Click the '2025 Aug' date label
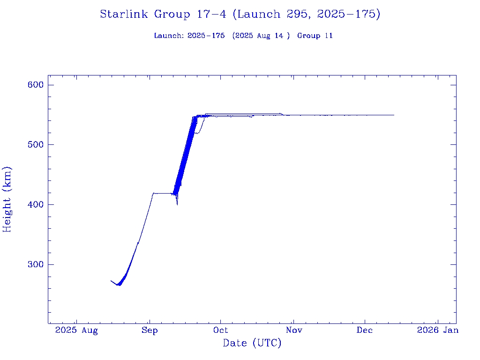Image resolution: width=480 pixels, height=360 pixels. [76, 330]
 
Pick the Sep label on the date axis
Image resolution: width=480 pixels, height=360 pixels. [150, 330]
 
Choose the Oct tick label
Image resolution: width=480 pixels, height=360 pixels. [221, 330]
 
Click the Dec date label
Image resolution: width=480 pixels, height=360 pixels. [365, 330]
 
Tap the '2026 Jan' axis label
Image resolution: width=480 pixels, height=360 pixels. [437, 330]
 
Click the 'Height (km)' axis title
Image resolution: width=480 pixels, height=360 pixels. [7, 199]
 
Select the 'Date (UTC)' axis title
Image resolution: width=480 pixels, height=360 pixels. [252, 344]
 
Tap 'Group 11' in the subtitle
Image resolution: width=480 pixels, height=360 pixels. [315, 36]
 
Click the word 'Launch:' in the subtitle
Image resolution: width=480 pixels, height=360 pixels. [169, 36]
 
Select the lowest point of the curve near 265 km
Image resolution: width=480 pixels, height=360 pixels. [119, 285]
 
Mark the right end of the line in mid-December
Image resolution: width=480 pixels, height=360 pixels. [394, 115]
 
